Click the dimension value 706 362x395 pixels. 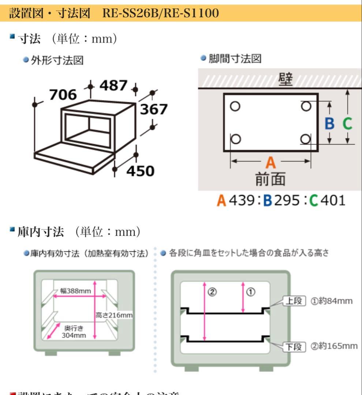pos(63,95)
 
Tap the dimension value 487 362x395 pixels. pos(113,86)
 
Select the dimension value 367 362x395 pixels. pos(152,109)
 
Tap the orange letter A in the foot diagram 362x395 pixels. pos(270,162)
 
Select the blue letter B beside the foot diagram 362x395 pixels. pos(329,124)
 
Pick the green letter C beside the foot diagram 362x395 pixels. pos(347,124)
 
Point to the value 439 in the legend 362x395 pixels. pos(242,200)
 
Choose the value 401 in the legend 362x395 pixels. pos(332,200)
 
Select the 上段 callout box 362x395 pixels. pos(294,301)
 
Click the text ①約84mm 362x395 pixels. pos(332,301)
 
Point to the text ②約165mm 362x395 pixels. pos(334,346)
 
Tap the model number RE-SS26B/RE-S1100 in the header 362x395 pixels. pos(161,14)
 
